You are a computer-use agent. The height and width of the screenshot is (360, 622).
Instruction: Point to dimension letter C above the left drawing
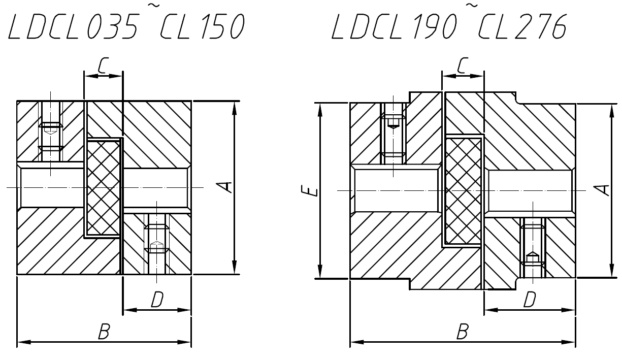tap(103, 66)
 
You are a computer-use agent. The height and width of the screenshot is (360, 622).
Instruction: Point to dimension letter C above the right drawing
tap(463, 66)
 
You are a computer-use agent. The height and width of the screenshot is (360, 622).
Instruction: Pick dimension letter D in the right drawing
tap(530, 301)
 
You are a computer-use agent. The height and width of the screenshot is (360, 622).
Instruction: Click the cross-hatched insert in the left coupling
tap(103, 188)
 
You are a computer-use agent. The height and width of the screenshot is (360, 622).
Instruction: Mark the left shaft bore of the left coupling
tap(51, 188)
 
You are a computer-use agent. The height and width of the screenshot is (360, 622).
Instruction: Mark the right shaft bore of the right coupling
tap(530, 191)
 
